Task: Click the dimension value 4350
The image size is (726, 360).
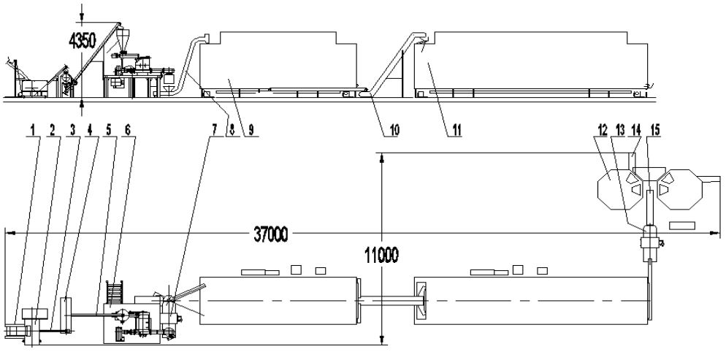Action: [82, 41]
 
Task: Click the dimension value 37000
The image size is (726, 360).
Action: [271, 234]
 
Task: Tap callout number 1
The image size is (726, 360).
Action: [32, 131]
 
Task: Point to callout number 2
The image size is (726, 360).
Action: [53, 131]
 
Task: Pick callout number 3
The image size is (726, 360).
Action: [72, 131]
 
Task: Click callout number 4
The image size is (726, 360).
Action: [91, 131]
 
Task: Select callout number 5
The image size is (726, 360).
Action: [110, 131]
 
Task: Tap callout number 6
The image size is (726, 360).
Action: [129, 131]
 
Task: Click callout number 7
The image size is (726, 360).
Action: [215, 131]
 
